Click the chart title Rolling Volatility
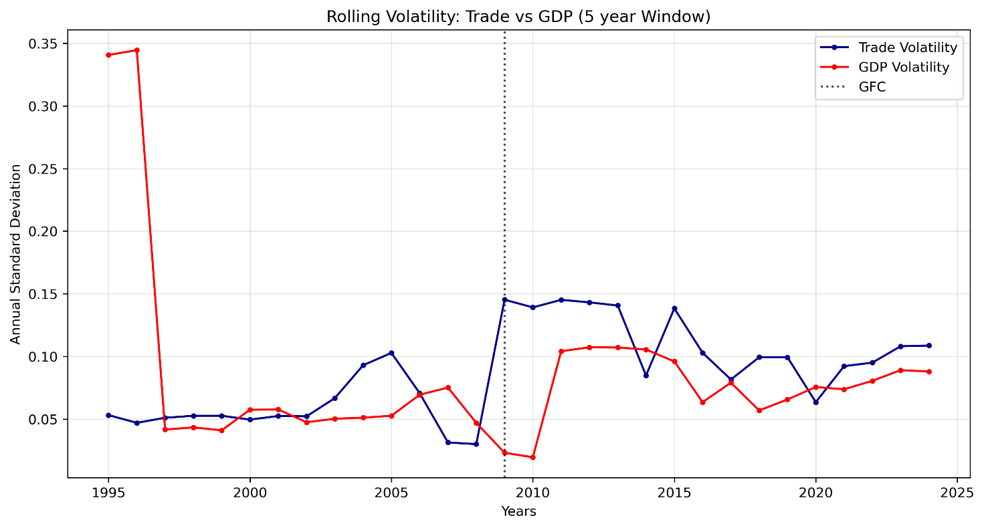coord(518,17)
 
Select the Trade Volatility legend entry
coord(908,47)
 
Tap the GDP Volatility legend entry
coord(903,67)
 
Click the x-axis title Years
coord(518,513)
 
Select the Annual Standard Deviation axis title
coord(16,254)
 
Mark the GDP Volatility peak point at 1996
coord(136,50)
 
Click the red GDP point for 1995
coord(108,55)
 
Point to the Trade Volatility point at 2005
coord(391,353)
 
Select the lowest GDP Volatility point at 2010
coord(532,457)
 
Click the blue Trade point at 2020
coord(815,402)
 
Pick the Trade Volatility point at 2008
coord(476,444)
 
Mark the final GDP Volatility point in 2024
coord(928,372)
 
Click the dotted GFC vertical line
coord(504,201)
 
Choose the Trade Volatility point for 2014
coord(646,376)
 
